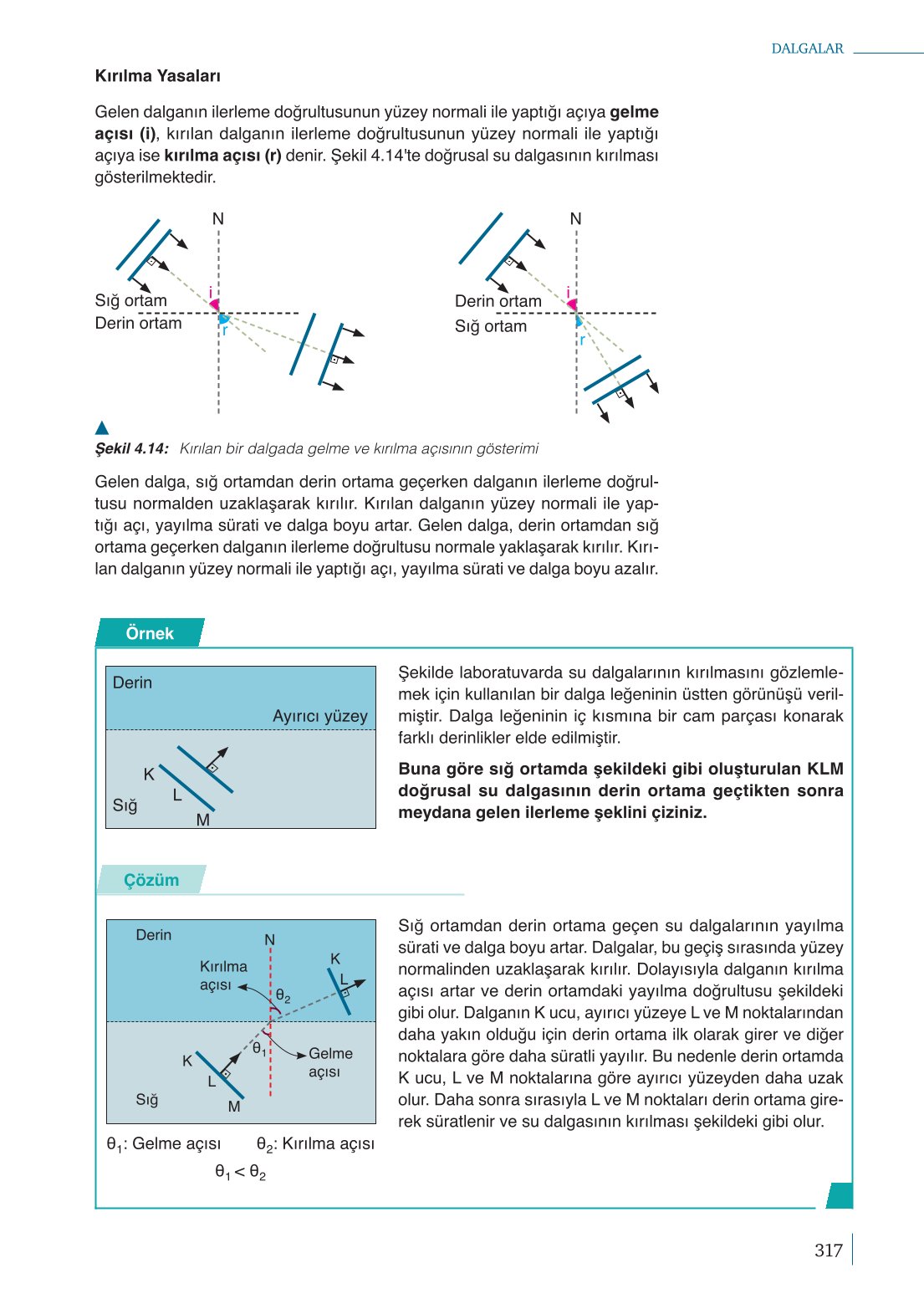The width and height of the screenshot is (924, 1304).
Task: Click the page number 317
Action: (829, 1250)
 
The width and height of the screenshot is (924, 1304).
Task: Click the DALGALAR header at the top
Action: (807, 49)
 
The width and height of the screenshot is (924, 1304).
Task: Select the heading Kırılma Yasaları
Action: (158, 76)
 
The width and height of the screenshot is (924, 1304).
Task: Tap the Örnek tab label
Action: (150, 633)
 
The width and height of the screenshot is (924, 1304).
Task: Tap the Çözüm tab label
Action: (151, 880)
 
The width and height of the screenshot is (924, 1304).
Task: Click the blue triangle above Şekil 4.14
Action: (102, 428)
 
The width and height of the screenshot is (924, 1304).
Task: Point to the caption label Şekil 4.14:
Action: (132, 448)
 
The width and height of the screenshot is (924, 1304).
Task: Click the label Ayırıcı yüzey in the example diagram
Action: (320, 716)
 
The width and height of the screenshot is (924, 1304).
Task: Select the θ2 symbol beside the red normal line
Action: (283, 996)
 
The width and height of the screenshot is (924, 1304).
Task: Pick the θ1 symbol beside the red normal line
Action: (259, 1049)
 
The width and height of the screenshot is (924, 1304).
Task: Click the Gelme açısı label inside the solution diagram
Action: (329, 1062)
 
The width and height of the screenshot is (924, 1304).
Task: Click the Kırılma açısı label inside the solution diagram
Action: (222, 975)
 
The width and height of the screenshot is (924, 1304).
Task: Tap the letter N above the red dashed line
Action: (270, 940)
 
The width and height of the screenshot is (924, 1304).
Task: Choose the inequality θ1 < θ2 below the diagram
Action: (241, 1173)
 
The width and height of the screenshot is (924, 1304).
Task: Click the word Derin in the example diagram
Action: (132, 683)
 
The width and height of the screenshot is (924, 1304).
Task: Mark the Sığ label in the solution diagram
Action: (147, 1099)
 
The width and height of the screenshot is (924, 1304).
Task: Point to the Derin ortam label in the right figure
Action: (498, 301)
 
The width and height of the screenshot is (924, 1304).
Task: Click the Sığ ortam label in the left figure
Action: (130, 300)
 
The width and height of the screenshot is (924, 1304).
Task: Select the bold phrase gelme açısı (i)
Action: (376, 123)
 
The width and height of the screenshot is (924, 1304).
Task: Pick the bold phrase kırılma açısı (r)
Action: (222, 156)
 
